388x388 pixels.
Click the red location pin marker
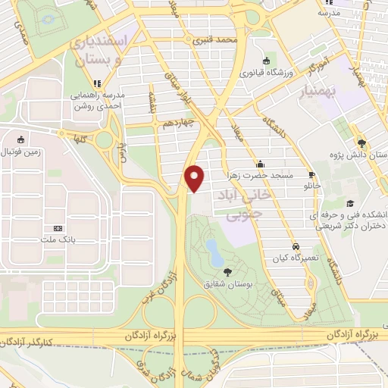pyautogui.click(x=196, y=177)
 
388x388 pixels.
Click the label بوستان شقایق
pyautogui.click(x=228, y=284)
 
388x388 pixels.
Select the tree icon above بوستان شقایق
pyautogui.click(x=228, y=271)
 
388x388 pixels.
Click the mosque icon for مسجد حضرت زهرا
pyautogui.click(x=260, y=163)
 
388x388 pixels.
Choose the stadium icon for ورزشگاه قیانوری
pyautogui.click(x=266, y=61)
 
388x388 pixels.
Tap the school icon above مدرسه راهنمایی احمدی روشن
pyautogui.click(x=96, y=83)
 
